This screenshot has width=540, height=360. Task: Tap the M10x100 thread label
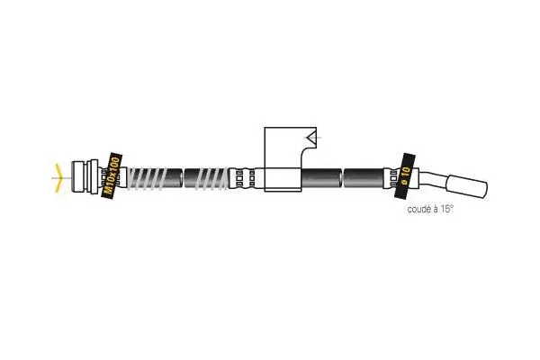click(x=112, y=175)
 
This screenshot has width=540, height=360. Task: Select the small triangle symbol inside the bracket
click(x=313, y=138)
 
